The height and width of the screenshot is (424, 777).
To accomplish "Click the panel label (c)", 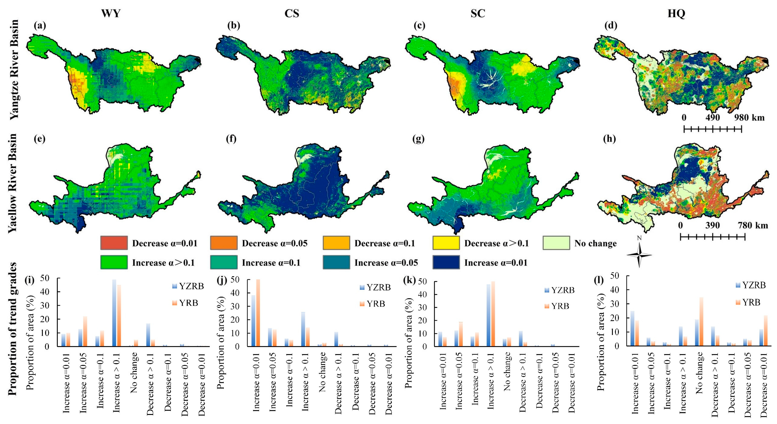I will click(419, 26).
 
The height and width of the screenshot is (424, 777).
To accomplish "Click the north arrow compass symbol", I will click(639, 255).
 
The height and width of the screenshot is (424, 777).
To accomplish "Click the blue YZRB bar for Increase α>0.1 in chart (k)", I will click(488, 315).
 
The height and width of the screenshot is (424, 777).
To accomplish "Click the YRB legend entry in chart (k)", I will click(557, 306).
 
